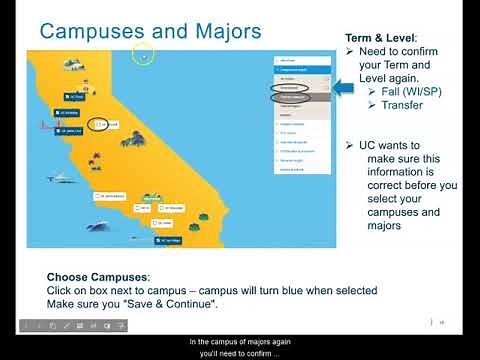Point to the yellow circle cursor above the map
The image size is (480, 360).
[144, 57]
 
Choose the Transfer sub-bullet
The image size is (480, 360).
[402, 105]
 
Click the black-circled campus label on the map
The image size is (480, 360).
[104, 125]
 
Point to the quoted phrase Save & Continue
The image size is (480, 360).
[176, 304]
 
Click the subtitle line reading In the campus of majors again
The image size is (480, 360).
[240, 340]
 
